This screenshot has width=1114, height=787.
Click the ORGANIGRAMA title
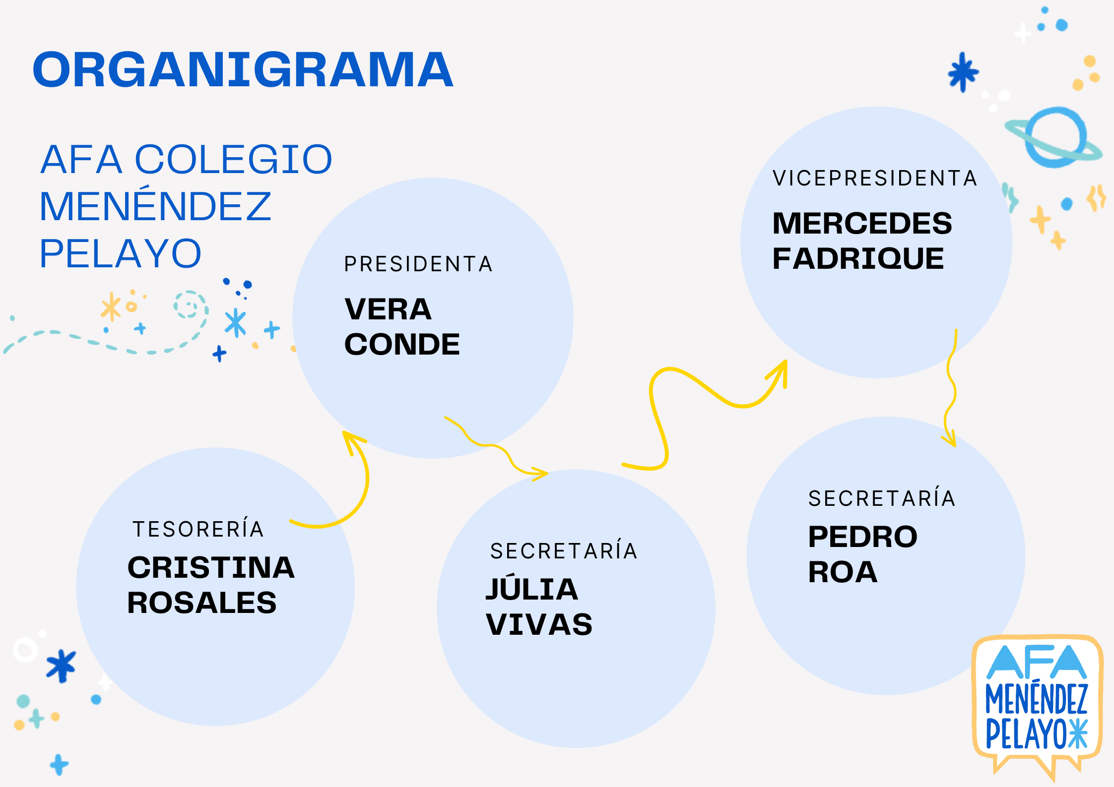pyautogui.click(x=243, y=70)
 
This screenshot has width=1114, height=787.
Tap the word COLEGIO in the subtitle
pyautogui.click(x=233, y=159)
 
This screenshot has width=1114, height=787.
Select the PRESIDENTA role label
pyautogui.click(x=418, y=264)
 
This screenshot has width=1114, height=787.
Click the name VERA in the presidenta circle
pyautogui.click(x=388, y=309)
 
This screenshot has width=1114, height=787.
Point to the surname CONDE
pyautogui.click(x=402, y=345)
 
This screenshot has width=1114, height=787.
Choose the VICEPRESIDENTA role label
pyautogui.click(x=875, y=179)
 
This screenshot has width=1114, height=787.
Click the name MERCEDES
pyautogui.click(x=862, y=223)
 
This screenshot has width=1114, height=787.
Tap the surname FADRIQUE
pyautogui.click(x=858, y=259)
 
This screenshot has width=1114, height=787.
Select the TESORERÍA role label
pyautogui.click(x=198, y=529)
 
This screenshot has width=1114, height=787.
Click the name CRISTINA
pyautogui.click(x=211, y=568)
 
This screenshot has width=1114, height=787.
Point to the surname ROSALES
pyautogui.click(x=201, y=603)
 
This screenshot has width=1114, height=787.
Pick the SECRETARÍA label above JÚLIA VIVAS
pyautogui.click(x=564, y=551)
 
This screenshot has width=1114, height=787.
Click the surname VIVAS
pyautogui.click(x=539, y=624)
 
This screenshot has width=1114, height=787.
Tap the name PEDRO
pyautogui.click(x=862, y=537)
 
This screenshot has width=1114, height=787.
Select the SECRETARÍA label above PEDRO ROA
pyautogui.click(x=882, y=498)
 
